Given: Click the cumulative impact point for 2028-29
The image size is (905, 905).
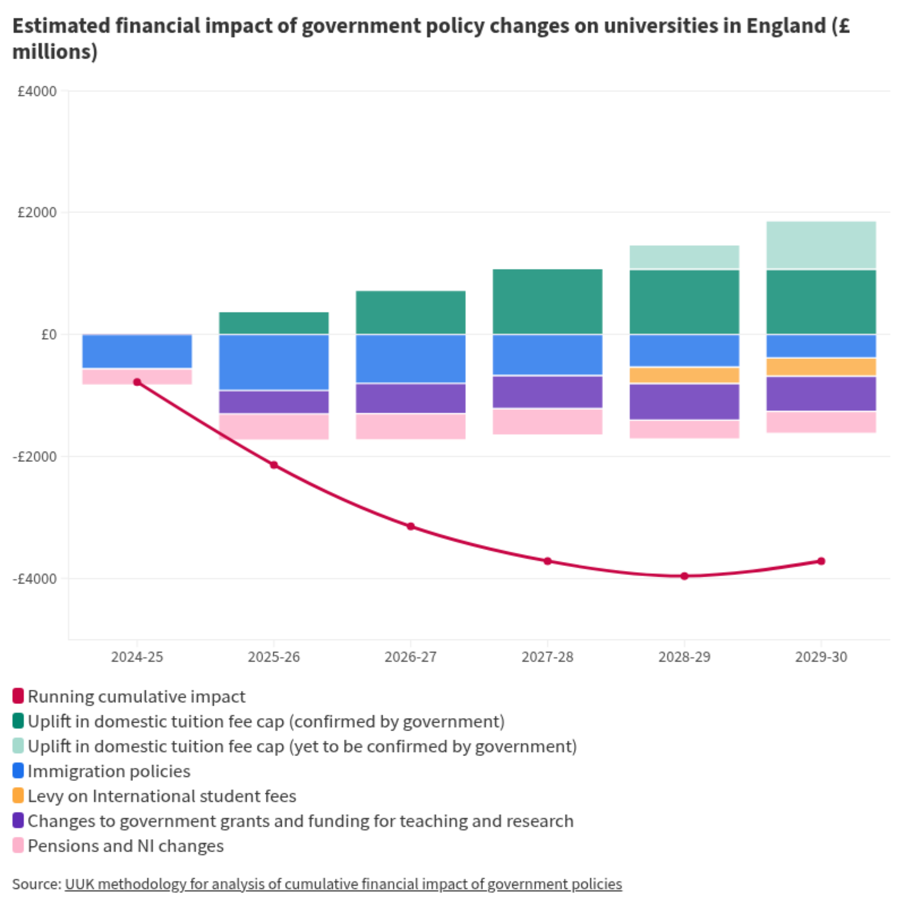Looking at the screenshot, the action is click(x=684, y=576).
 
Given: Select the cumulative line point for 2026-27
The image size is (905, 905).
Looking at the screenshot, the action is click(x=411, y=526).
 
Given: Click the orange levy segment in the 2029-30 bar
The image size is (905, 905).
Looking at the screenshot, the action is click(x=821, y=367).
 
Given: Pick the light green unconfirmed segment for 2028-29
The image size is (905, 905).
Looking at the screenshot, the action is click(x=684, y=257).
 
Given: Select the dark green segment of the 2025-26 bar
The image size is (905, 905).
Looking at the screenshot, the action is click(x=274, y=323).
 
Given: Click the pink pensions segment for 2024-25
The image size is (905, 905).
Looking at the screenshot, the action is click(x=137, y=377).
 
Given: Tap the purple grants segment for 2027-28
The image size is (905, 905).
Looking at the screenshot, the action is click(x=548, y=392).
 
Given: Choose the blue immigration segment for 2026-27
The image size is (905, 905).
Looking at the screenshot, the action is click(x=411, y=359).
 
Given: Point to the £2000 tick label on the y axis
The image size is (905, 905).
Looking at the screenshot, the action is click(x=37, y=212).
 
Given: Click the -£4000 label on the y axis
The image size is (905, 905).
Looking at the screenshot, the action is click(x=35, y=578).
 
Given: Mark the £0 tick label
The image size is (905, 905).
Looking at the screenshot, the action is click(x=49, y=334).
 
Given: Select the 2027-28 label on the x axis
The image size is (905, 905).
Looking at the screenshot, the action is click(x=548, y=657).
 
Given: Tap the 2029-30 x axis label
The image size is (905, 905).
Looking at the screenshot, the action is click(x=821, y=657).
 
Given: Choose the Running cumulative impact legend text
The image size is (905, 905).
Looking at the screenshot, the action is click(x=136, y=696).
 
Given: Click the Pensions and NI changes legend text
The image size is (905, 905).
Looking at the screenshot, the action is click(x=126, y=846).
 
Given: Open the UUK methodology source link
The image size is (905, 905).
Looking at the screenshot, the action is click(x=344, y=884).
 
